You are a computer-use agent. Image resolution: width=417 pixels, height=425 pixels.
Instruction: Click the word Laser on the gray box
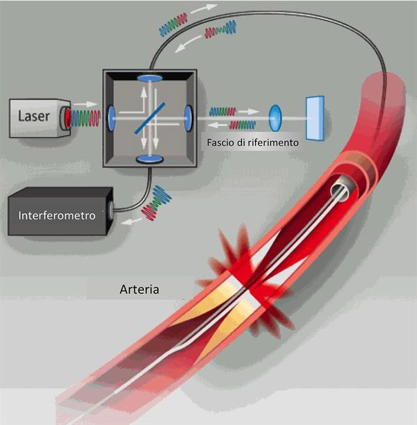(x=33, y=116)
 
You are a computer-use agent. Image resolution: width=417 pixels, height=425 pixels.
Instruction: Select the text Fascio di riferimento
(x=252, y=142)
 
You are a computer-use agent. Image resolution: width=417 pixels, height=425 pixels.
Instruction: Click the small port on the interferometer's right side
(x=109, y=208)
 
